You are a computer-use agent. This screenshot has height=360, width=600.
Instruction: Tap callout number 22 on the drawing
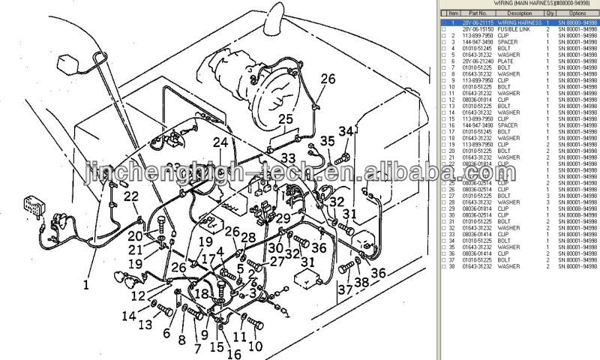(132, 196)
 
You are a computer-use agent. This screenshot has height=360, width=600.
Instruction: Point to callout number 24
(220, 142)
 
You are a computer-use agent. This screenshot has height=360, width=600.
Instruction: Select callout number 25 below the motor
(286, 118)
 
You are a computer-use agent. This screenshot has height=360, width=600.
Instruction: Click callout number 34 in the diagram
(344, 133)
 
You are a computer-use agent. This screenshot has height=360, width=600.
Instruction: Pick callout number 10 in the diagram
(255, 346)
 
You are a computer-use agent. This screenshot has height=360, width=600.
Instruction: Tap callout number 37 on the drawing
(344, 289)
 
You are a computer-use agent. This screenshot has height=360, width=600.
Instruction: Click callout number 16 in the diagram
(233, 354)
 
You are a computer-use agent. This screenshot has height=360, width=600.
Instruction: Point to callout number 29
(282, 218)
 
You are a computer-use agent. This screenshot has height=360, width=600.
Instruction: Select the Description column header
(519, 13)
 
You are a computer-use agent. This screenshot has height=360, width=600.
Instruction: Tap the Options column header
(577, 13)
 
